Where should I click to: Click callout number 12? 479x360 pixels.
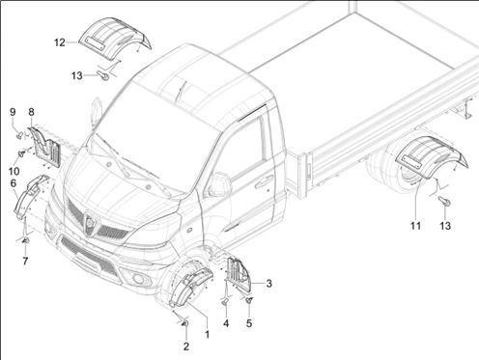pos(60,42)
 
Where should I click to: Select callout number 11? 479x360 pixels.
pos(415,226)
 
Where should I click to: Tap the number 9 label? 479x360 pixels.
pos(13,112)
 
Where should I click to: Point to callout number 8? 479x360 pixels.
pos(31,112)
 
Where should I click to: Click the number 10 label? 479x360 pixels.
pos(14,171)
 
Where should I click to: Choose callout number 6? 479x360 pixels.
pos(14,183)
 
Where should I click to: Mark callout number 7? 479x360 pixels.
pos(25,262)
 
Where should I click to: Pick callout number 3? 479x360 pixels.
pos(268,284)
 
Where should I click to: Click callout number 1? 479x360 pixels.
pos(208,334)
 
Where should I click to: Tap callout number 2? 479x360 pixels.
pos(186,346)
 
